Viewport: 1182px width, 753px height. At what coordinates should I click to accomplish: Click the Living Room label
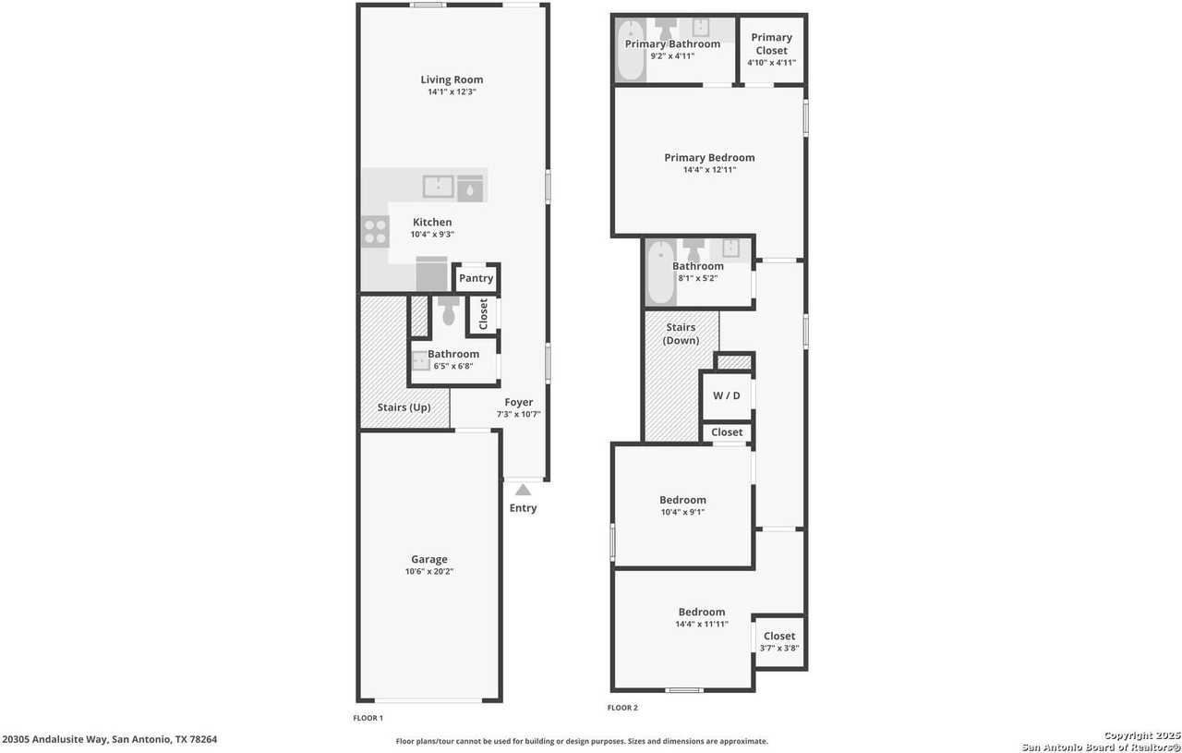tap(452, 79)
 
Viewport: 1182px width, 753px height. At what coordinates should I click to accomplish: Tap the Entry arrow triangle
tap(523, 490)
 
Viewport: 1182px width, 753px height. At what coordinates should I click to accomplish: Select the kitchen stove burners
tap(375, 231)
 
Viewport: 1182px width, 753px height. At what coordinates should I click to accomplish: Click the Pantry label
tap(476, 278)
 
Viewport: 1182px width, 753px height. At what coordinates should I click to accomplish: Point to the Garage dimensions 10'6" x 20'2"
tap(429, 572)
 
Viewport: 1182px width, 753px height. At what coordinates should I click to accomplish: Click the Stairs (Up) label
tap(404, 407)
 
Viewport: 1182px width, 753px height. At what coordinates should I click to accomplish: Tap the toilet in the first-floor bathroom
tap(449, 311)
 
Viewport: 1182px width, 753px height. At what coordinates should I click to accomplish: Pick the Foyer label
tap(518, 402)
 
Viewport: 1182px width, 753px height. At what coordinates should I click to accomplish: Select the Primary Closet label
tap(771, 44)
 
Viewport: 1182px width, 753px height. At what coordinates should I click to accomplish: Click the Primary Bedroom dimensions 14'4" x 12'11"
tap(709, 170)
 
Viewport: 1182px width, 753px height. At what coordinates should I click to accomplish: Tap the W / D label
tap(727, 395)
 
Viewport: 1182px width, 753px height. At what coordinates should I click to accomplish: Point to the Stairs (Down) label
tap(681, 334)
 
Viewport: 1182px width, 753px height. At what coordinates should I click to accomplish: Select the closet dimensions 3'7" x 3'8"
tap(778, 649)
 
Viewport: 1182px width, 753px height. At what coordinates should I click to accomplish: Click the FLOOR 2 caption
tap(621, 708)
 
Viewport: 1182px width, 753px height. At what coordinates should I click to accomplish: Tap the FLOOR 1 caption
tap(368, 718)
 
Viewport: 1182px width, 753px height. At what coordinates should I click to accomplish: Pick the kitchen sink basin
tap(438, 187)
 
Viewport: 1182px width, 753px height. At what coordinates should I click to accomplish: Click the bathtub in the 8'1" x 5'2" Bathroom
tap(660, 273)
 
